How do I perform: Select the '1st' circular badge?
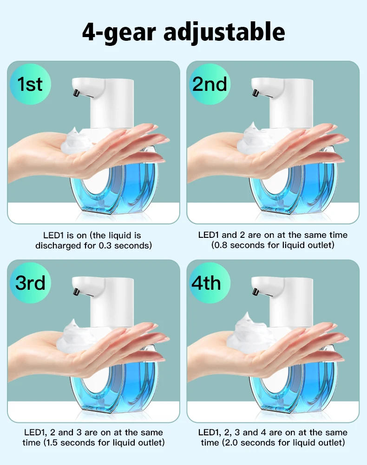30,84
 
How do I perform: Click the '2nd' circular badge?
210,84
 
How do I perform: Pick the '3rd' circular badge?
30,282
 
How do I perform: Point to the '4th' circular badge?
210,282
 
